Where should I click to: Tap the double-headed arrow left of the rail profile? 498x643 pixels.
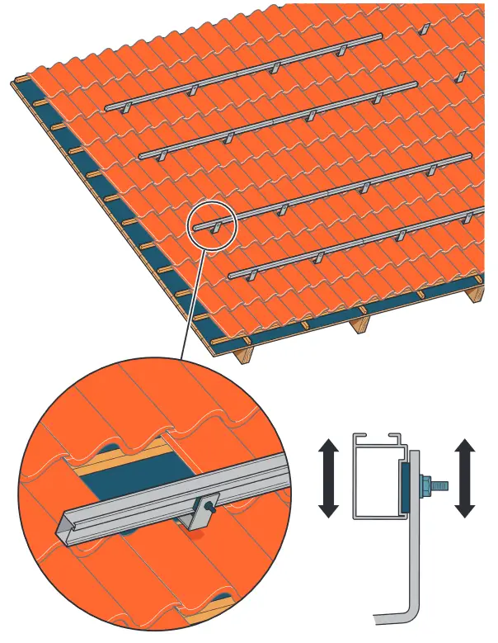pos(328,479)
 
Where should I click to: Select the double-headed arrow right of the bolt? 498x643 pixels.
pos(465,479)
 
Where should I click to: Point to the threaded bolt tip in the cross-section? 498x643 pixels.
pos(442,485)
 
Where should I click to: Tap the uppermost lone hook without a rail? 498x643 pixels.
pos(425,29)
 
